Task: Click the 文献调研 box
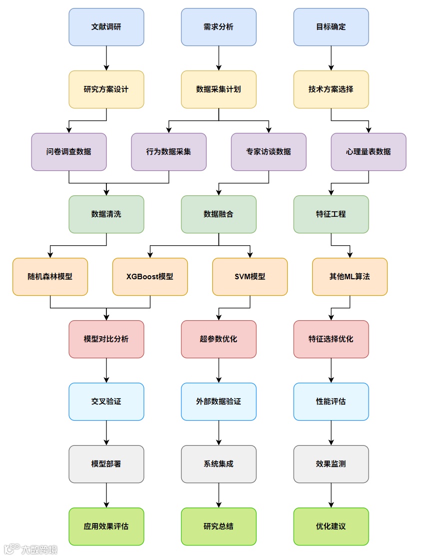(x=106, y=27)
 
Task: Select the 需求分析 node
(x=219, y=27)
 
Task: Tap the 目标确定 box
(x=331, y=27)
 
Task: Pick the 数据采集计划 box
(x=219, y=89)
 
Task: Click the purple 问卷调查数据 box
(x=69, y=152)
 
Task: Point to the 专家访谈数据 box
(x=269, y=152)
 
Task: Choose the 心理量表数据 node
(x=369, y=152)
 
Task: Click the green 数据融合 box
(x=219, y=214)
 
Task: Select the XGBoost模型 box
(x=150, y=277)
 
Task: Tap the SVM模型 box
(x=250, y=277)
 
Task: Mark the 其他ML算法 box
(x=350, y=277)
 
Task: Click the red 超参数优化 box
(x=219, y=339)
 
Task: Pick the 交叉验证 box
(x=106, y=402)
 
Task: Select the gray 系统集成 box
(x=219, y=464)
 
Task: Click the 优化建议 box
(x=331, y=527)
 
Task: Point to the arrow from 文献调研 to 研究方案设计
(x=106, y=58)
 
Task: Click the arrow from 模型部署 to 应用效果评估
(x=106, y=495)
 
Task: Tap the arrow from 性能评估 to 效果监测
(x=331, y=433)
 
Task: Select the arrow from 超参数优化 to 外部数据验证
(x=219, y=370)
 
